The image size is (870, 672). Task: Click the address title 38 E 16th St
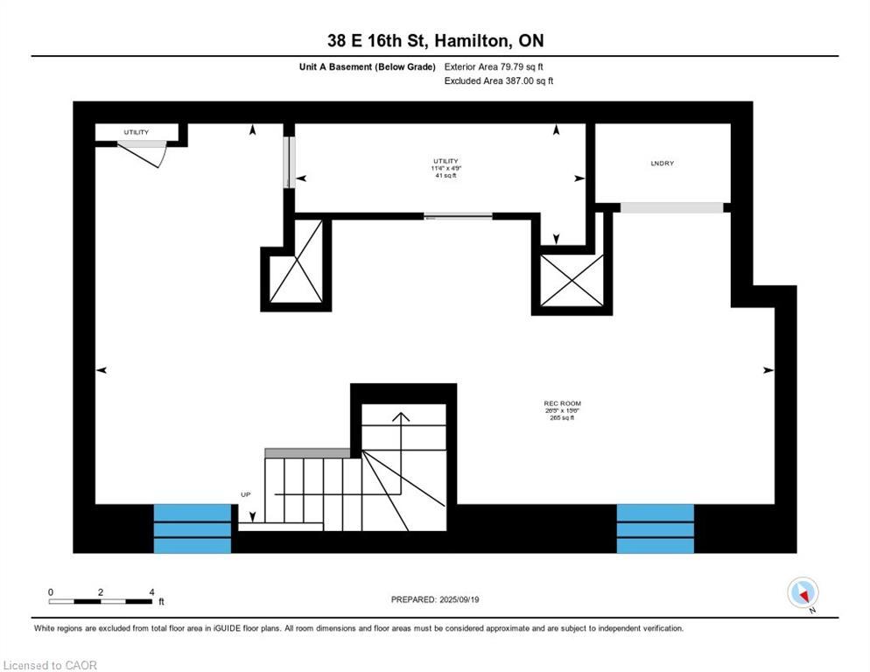tap(434, 41)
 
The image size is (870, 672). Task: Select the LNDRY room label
tap(662, 164)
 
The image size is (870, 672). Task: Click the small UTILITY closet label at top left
tap(136, 132)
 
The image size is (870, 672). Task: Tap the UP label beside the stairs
tap(246, 494)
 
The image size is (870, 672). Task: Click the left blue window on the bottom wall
tap(193, 528)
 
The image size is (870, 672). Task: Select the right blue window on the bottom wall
tap(655, 528)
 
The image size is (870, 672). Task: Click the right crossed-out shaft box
tap(571, 280)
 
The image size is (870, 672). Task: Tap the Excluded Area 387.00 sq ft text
tap(499, 80)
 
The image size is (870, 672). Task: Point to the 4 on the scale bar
tap(151, 592)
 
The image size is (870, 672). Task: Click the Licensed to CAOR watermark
tap(50, 665)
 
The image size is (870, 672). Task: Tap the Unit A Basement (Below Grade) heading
tap(367, 66)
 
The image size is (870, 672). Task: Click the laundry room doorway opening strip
tap(671, 207)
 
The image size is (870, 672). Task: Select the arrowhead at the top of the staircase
tap(400, 416)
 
